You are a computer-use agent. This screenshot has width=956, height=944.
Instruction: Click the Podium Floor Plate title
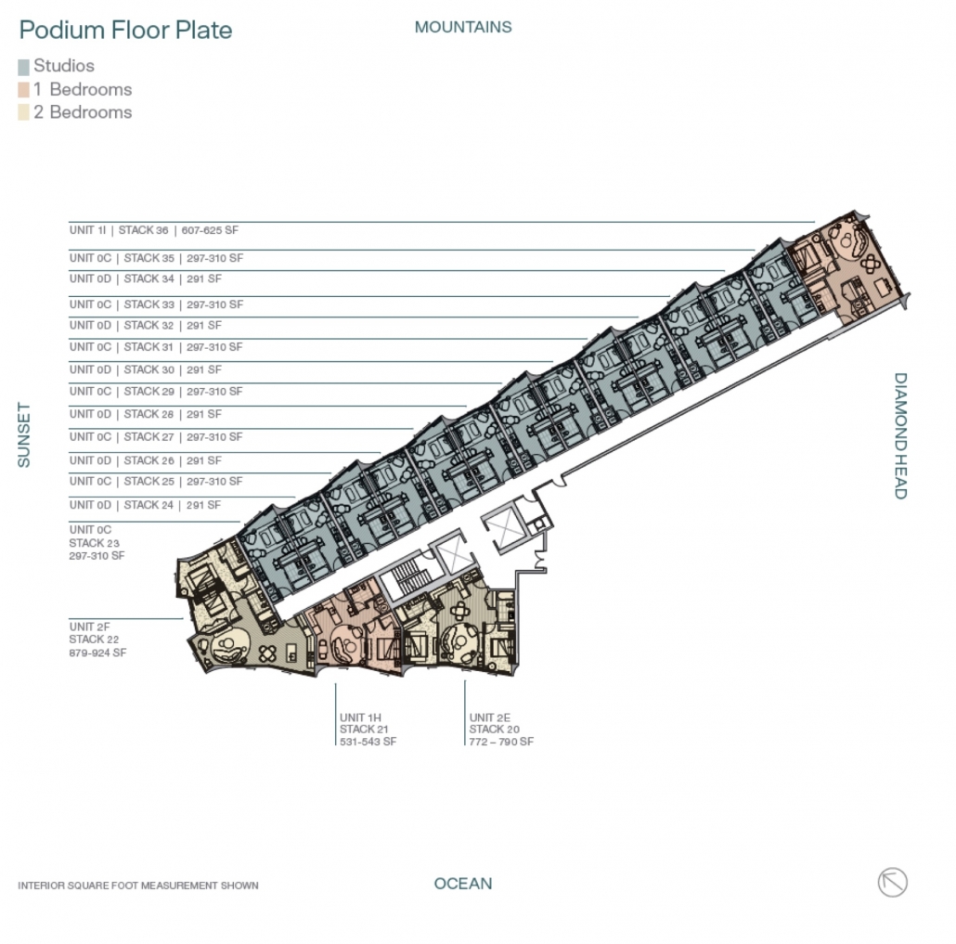click(125, 30)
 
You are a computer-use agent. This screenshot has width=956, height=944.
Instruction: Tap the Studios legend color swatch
click(24, 67)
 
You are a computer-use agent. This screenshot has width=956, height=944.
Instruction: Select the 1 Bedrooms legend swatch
click(24, 90)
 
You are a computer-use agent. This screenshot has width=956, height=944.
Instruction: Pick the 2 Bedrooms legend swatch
click(24, 112)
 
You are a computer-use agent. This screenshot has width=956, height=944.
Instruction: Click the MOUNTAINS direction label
click(463, 27)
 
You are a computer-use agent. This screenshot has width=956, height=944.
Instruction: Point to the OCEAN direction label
click(463, 884)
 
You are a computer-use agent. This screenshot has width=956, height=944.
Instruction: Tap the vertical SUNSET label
click(24, 434)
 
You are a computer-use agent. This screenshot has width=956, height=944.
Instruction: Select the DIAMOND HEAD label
click(900, 436)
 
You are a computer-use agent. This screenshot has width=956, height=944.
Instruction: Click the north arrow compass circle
click(893, 882)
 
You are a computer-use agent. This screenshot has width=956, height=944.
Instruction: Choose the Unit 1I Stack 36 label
click(154, 230)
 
